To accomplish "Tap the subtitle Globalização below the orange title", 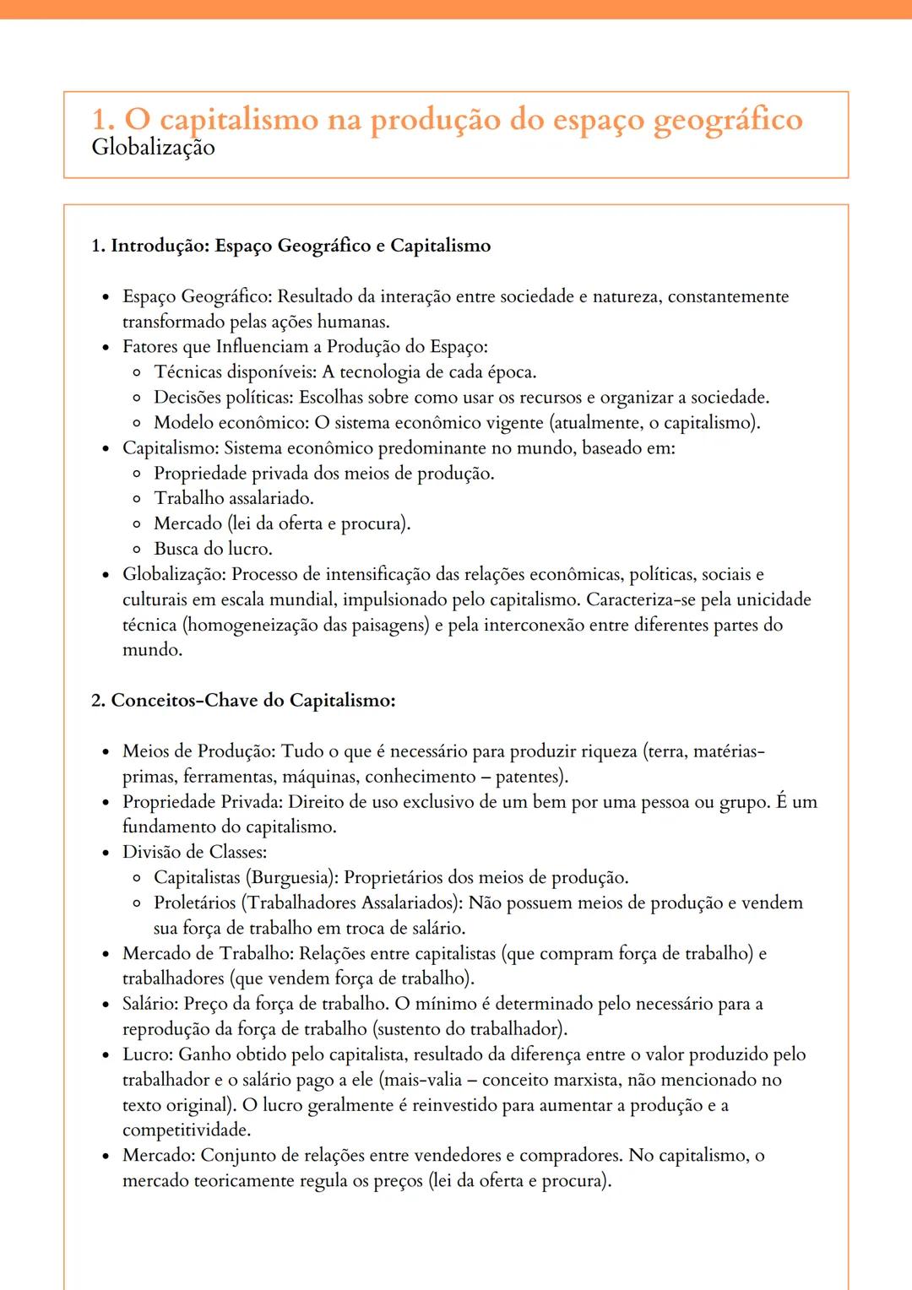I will pyautogui.click(x=153, y=148).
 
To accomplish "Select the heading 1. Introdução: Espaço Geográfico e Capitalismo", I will pyautogui.click(x=290, y=246).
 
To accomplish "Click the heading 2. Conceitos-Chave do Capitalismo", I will pyautogui.click(x=243, y=701).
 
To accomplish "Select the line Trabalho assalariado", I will pyautogui.click(x=233, y=498).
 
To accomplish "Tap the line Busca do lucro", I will pyautogui.click(x=213, y=549).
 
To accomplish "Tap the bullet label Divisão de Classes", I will pyautogui.click(x=193, y=853).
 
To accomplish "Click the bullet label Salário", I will pyautogui.click(x=149, y=1004).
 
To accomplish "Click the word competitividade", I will pyautogui.click(x=186, y=1130).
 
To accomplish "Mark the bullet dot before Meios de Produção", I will pyautogui.click(x=106, y=752).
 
